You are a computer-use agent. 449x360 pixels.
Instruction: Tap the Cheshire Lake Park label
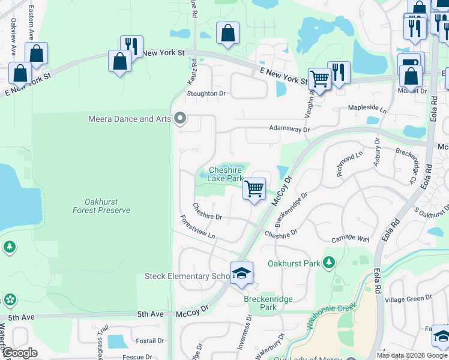coord(225,174)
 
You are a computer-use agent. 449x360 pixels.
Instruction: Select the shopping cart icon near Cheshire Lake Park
coord(255,189)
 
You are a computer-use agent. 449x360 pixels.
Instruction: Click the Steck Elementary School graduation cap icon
coord(241,273)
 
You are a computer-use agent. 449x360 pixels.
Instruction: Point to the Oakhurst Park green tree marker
coord(328,262)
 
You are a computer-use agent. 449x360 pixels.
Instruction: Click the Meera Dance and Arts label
coord(130,119)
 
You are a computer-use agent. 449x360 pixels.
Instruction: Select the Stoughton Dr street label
coord(206,94)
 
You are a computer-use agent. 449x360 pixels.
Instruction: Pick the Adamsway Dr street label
coord(289,129)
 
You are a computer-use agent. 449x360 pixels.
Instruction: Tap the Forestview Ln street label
coord(198,228)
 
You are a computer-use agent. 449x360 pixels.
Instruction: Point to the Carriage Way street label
coord(350,238)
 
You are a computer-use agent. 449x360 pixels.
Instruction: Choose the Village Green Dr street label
coord(408,298)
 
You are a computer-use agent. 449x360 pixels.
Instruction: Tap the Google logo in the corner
coord(20,353)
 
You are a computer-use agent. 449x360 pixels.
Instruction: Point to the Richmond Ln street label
coord(350,163)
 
